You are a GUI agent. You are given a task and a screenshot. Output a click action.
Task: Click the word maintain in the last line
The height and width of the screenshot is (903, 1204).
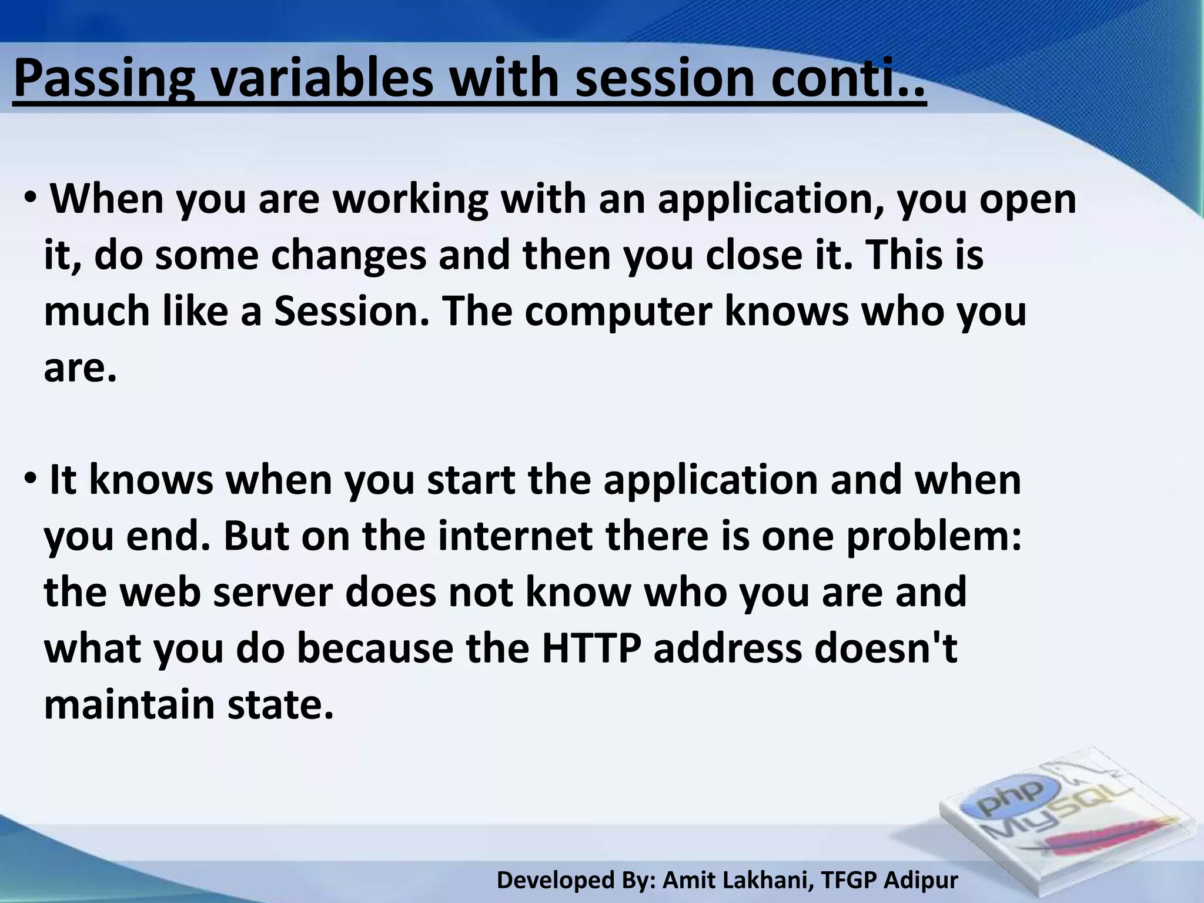click(129, 704)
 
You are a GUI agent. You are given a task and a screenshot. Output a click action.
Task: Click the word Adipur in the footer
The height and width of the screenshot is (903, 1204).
click(921, 880)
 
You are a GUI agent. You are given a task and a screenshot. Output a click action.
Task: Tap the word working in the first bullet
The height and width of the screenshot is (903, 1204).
click(410, 200)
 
